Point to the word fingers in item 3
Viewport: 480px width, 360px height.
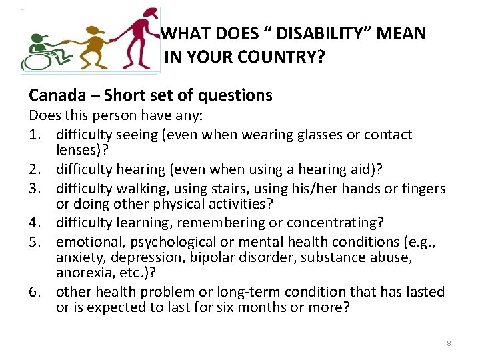click(x=423, y=189)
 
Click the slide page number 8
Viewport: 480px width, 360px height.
click(x=449, y=343)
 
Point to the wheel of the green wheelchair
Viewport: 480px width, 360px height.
click(x=33, y=61)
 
